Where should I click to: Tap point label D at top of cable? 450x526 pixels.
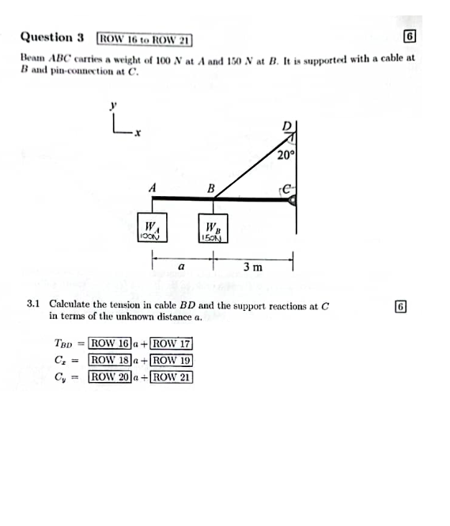click(x=286, y=127)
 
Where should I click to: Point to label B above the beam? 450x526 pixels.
click(x=210, y=188)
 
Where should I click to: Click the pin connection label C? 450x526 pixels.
click(x=288, y=189)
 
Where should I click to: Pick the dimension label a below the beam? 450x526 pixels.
click(x=181, y=267)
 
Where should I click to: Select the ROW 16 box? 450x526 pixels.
click(x=109, y=343)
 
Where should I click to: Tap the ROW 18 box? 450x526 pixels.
click(x=109, y=360)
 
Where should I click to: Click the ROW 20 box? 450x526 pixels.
click(x=109, y=377)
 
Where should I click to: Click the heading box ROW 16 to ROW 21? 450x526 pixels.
click(x=144, y=37)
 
